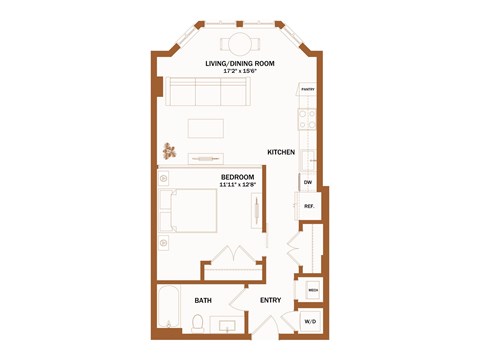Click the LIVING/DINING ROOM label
point(239,63)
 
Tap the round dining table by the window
point(240,43)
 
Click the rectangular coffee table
point(207,128)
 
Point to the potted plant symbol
point(170,152)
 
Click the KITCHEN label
point(280,152)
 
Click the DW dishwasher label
point(308,183)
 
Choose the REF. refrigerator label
point(309,206)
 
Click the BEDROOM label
point(237,176)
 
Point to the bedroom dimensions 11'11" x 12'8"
point(238,184)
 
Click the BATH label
point(203,300)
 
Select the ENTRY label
point(270,300)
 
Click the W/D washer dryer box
point(311,321)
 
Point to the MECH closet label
point(313,292)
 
